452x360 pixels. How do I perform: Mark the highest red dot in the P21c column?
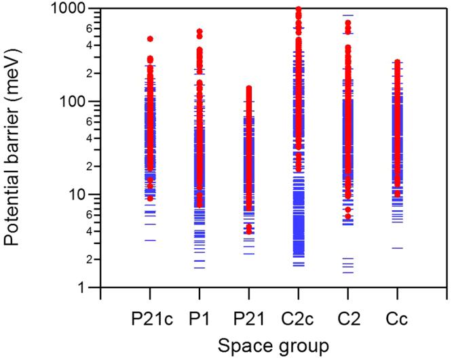[x=150, y=39]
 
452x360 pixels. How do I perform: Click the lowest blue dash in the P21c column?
[x=150, y=240]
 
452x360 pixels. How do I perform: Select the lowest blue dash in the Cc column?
[x=398, y=248]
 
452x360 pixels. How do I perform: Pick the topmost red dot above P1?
[x=200, y=32]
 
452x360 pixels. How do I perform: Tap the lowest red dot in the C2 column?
[x=348, y=216]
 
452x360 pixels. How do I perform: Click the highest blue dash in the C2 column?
[x=348, y=15]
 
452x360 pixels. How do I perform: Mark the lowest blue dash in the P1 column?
[x=200, y=268]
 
